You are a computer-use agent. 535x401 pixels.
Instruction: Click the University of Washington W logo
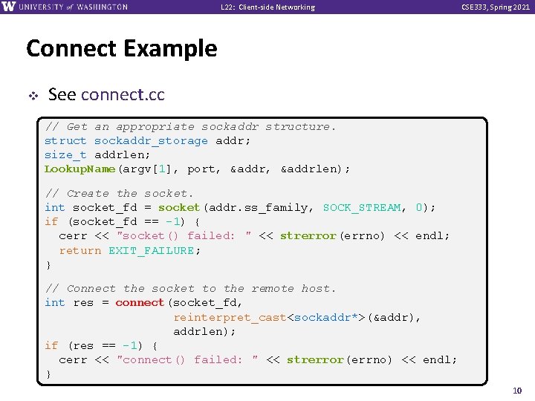9,7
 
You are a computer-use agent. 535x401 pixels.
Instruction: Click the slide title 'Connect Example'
121,49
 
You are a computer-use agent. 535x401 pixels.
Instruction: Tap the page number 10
518,391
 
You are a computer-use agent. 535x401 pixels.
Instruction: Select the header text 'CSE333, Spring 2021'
496,7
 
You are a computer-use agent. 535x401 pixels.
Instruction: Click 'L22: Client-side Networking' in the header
267,7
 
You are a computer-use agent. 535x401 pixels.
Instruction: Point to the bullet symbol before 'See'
32,95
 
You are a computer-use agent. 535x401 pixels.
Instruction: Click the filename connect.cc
123,95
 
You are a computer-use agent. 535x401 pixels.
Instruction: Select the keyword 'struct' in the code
65,140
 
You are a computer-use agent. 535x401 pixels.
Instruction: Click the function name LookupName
80,169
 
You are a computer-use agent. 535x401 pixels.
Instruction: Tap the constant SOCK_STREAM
362,207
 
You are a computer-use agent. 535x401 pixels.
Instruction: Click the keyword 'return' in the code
80,250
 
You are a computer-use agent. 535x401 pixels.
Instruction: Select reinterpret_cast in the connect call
230,317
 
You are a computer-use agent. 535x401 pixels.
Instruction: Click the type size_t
65,154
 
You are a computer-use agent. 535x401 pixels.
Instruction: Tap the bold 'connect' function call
140,302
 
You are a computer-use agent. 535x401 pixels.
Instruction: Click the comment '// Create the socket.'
119,193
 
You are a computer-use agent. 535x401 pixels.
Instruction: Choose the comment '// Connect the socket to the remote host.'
190,288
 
